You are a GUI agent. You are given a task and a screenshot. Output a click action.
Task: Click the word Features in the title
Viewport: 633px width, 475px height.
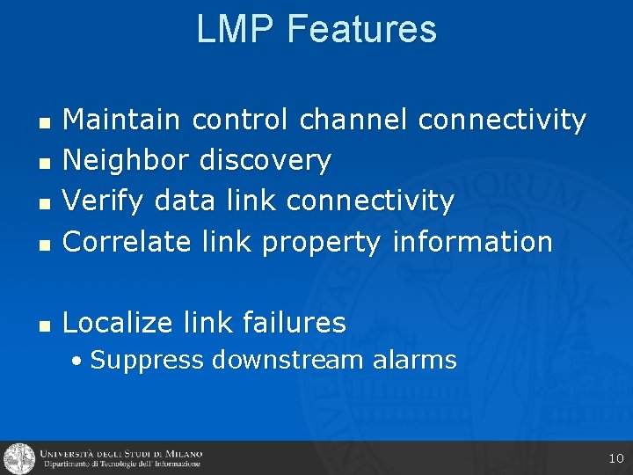coord(361,29)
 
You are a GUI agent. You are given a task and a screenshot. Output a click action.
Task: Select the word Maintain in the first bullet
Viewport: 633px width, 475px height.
coord(121,119)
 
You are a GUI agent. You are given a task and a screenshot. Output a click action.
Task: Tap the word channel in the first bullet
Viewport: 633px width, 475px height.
coord(353,119)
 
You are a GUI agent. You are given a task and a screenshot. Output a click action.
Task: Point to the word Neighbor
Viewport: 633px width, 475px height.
coord(126,159)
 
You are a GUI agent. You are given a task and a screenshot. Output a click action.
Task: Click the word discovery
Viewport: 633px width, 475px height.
coord(266,159)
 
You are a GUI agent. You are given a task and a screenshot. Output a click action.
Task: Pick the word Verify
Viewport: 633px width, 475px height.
coord(105,201)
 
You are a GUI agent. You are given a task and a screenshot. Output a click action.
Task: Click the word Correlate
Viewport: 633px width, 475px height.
coord(127,241)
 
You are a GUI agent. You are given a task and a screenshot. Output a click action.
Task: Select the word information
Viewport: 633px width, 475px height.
coord(472,241)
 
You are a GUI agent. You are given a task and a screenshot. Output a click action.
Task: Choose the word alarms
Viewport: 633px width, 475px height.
coord(414,360)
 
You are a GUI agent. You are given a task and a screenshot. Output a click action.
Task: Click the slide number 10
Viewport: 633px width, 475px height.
coord(615,458)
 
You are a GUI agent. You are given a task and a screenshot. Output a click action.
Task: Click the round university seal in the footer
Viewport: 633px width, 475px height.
coord(18,458)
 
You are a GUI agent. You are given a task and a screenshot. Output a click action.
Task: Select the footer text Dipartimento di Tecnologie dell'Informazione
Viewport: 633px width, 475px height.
coord(120,464)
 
